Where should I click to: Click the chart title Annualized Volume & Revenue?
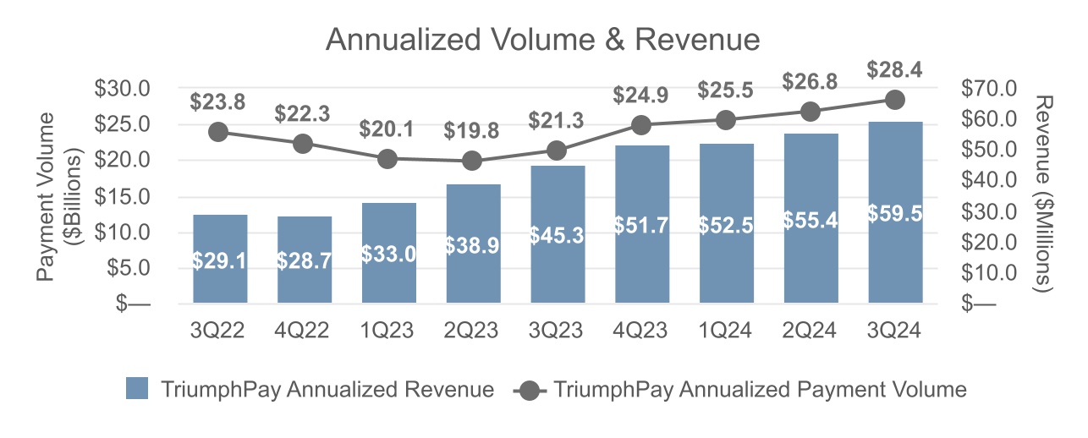543,40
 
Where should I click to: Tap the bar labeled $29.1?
220,260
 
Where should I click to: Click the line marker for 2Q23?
473,161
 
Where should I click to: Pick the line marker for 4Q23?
641,126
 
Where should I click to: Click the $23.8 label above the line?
219,102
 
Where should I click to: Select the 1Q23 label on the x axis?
388,331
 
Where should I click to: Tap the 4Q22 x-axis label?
304,331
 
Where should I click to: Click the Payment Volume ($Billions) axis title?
60,196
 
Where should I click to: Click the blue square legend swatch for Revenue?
137,389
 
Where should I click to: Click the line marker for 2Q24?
811,112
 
